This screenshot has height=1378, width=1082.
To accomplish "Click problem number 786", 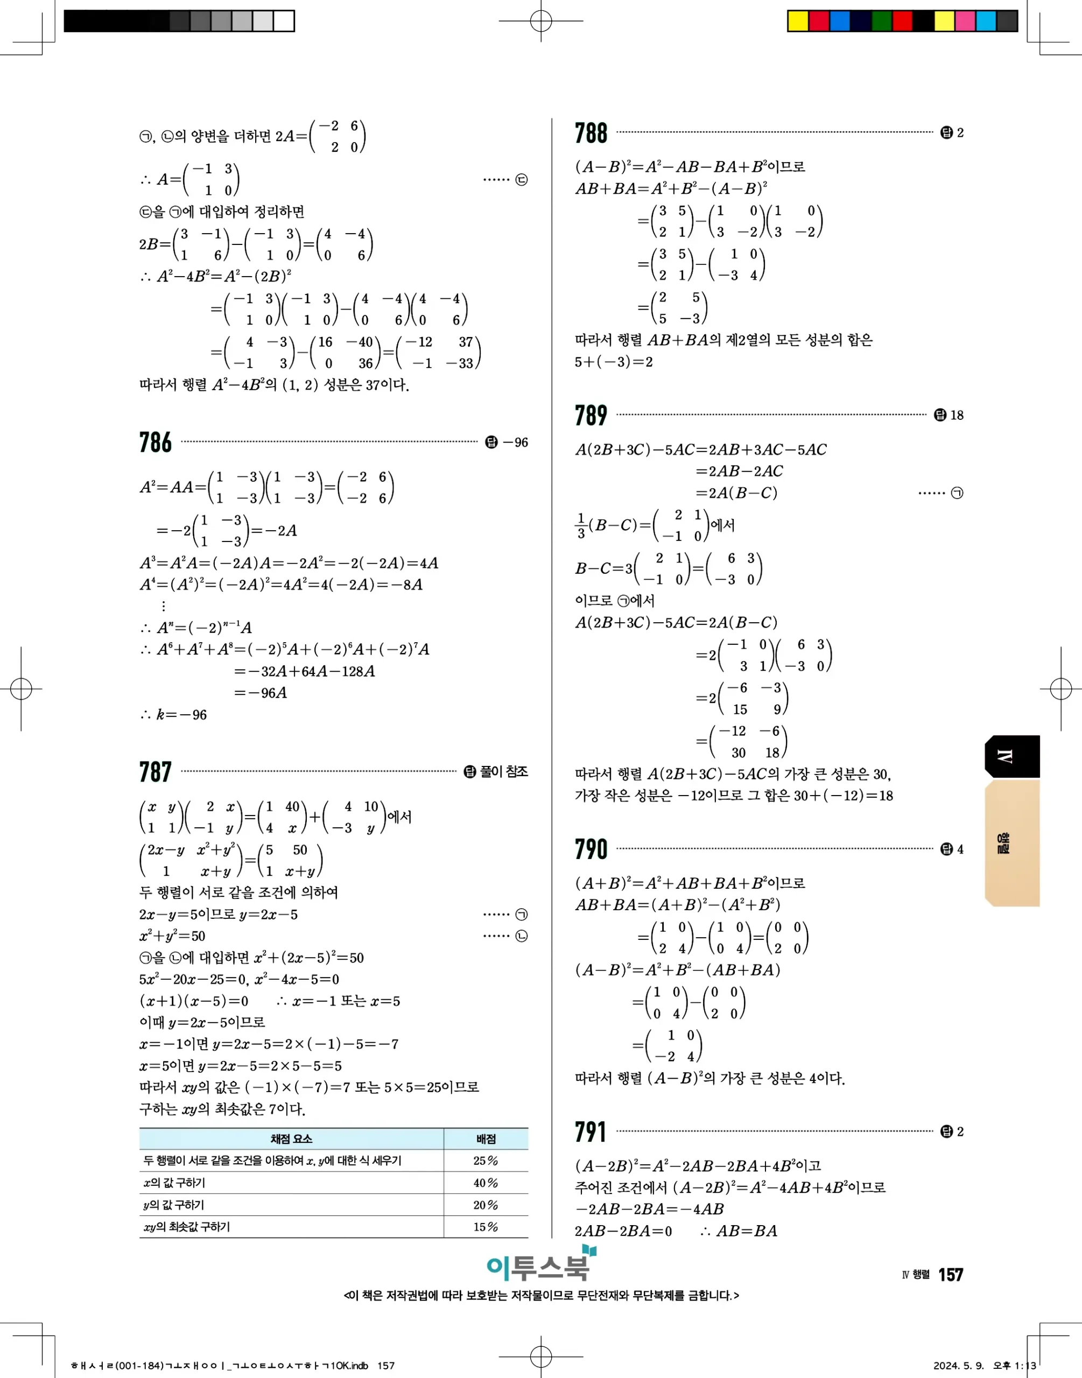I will tap(155, 442).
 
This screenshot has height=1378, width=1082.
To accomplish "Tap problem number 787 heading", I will tap(155, 772).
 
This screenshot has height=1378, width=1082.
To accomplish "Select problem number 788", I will tap(591, 133).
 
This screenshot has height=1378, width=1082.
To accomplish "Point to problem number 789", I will tap(591, 416).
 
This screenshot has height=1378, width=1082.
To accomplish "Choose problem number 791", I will tap(591, 1131).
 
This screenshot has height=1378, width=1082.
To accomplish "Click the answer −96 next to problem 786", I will tap(515, 442).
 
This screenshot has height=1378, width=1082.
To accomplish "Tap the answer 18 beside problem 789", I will tap(956, 416).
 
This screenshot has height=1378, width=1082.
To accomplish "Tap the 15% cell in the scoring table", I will tap(486, 1227).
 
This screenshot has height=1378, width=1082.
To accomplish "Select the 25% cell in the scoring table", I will tap(486, 1161).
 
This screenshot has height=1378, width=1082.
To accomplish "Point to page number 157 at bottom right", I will tap(950, 1275).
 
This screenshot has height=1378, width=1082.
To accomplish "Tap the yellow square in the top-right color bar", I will tap(798, 21).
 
